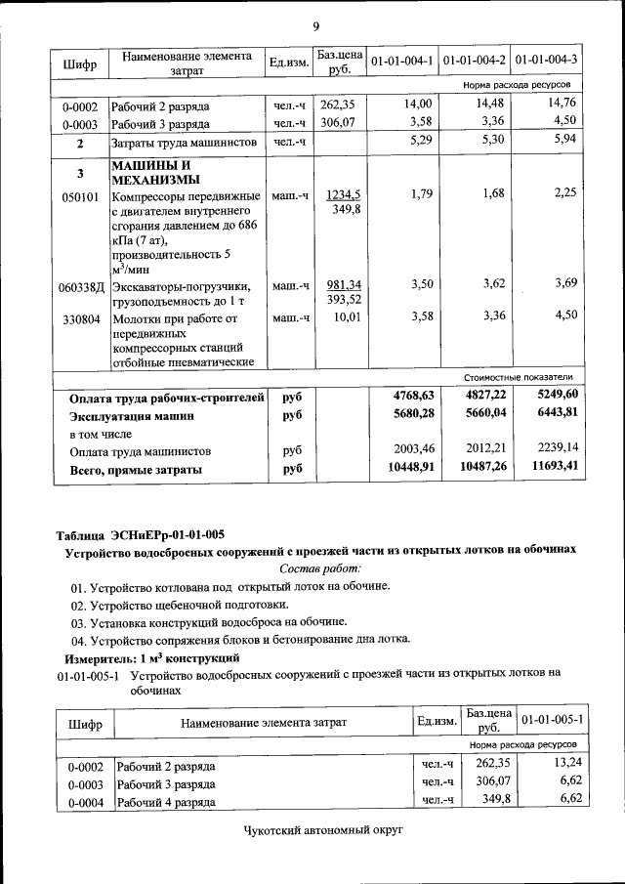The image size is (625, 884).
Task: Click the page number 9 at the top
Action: (315, 25)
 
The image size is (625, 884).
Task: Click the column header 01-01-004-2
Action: (475, 61)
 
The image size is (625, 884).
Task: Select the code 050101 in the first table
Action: (80, 195)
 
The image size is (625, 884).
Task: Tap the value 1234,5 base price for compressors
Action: (343, 194)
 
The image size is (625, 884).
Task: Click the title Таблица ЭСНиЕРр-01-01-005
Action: (141, 533)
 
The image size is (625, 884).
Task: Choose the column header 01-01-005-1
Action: (553, 719)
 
